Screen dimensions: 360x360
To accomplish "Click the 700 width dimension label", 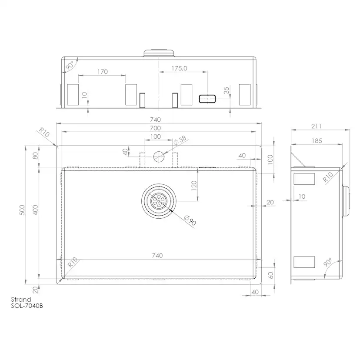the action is click(155, 128).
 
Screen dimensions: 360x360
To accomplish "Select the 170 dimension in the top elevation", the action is click(103, 72).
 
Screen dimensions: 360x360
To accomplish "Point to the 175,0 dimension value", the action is click(179, 68).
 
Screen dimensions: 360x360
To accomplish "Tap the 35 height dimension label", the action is click(227, 90).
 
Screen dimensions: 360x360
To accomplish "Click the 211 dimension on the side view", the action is click(317, 126).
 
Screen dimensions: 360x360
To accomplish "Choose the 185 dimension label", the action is click(317, 141).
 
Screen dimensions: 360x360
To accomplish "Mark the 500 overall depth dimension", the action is click(22, 210).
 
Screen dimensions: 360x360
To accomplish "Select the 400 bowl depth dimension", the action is click(35, 210).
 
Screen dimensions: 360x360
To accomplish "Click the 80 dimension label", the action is click(36, 156).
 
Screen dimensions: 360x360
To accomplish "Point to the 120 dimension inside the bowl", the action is click(194, 186).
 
